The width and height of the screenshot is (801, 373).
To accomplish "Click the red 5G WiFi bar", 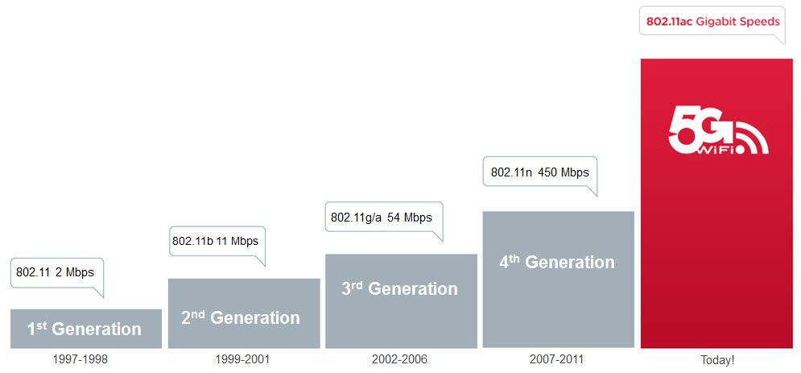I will (x=716, y=242).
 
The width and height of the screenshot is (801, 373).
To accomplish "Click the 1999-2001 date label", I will (x=242, y=359).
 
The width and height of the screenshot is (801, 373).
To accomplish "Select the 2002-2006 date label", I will (x=400, y=359).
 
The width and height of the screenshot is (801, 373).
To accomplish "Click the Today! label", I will (x=716, y=360).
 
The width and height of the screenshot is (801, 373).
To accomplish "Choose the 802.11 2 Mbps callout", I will (x=56, y=272).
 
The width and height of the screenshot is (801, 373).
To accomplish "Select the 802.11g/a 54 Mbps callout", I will (x=382, y=218).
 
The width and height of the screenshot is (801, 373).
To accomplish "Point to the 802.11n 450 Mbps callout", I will (x=539, y=172).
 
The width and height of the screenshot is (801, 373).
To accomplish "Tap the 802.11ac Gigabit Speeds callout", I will (x=713, y=22).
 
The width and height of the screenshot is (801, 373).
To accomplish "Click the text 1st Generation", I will (x=85, y=328).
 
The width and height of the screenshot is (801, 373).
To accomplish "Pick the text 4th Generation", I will (x=556, y=262).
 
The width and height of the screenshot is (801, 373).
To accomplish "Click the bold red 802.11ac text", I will (x=670, y=22).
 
